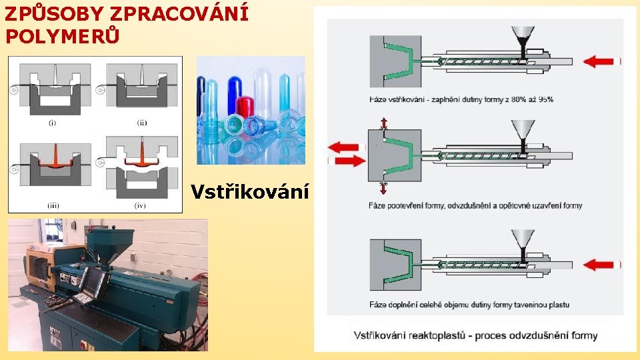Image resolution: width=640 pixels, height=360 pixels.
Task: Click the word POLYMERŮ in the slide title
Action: (63, 35)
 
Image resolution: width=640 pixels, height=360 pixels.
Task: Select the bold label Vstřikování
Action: (249, 193)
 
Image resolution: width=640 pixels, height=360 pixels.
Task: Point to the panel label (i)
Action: (52, 122)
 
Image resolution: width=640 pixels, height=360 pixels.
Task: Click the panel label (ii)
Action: (142, 122)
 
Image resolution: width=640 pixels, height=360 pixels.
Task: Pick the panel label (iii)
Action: (52, 205)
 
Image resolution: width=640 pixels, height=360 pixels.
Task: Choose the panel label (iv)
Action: (141, 205)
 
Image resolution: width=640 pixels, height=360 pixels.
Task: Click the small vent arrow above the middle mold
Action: (383, 123)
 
